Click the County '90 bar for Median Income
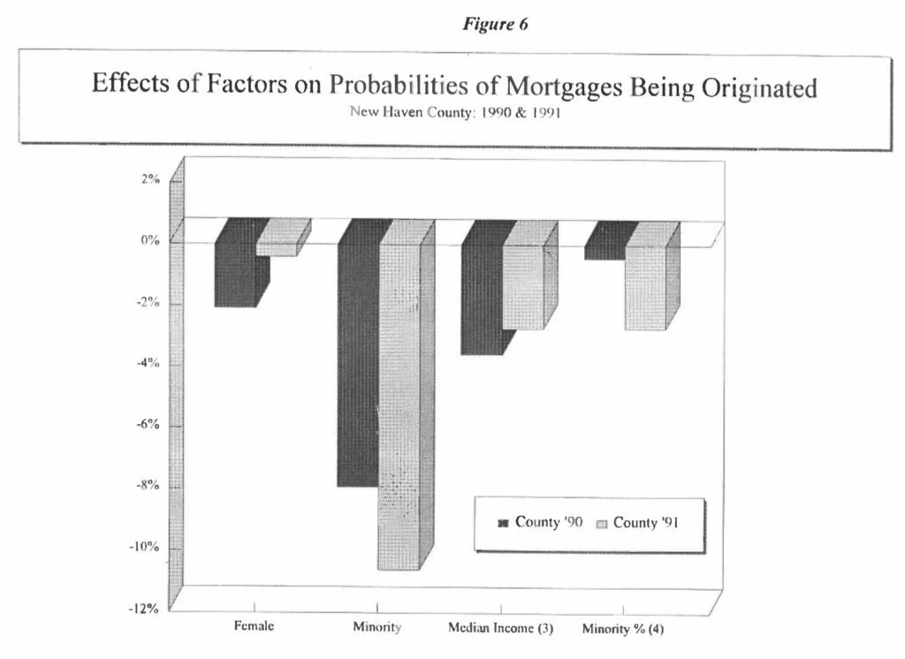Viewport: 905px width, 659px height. click(482, 292)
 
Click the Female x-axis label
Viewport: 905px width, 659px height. click(254, 626)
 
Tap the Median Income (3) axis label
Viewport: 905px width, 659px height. click(500, 628)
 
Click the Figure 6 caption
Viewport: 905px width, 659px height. click(495, 24)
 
